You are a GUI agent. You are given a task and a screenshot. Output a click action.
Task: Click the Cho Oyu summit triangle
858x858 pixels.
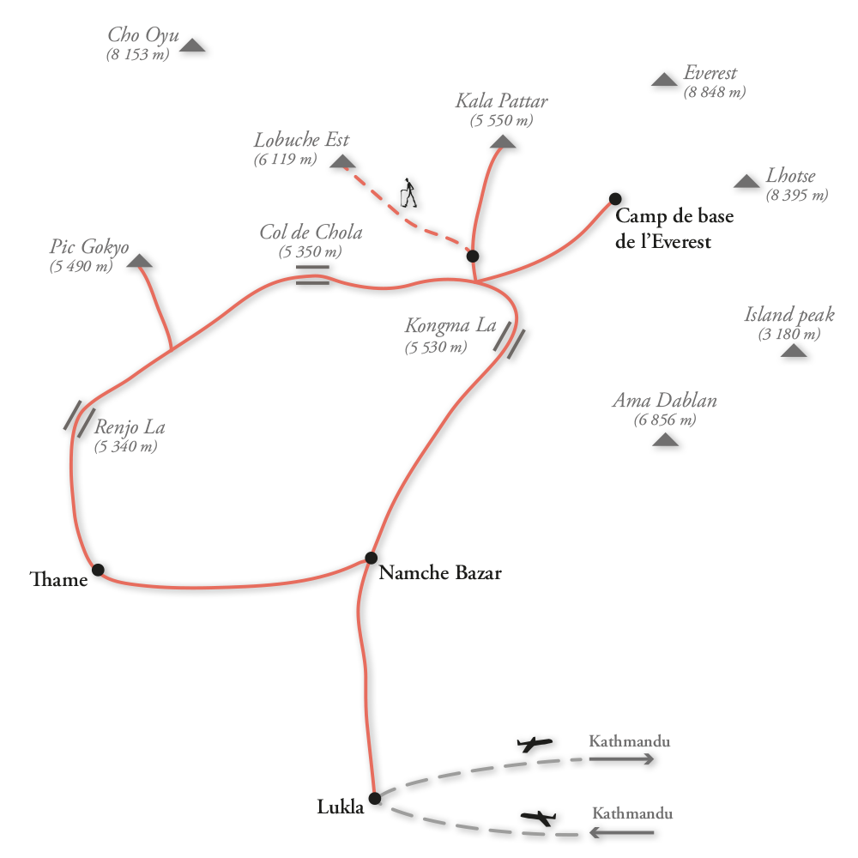tap(192, 46)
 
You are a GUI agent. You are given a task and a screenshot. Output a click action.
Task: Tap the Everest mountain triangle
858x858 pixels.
tap(664, 80)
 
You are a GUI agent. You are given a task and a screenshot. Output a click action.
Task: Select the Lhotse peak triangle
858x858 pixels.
tap(746, 181)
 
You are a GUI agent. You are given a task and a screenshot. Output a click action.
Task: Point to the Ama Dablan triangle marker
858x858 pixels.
tap(665, 440)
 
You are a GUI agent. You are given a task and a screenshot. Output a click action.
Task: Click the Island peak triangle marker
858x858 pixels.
tap(794, 351)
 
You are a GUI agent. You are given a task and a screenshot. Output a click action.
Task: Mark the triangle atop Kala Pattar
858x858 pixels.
tap(503, 142)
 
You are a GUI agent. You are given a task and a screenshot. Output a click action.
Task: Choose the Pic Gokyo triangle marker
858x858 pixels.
tap(139, 262)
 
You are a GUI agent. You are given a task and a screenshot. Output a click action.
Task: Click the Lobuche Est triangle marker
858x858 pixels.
tap(342, 162)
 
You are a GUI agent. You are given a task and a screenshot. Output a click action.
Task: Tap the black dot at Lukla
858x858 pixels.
tap(374, 798)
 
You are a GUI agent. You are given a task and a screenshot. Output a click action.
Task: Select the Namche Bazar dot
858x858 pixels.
tap(371, 559)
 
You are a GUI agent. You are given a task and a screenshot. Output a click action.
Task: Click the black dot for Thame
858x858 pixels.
tap(98, 570)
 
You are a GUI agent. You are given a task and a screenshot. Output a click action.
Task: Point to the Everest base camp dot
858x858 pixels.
tap(615, 199)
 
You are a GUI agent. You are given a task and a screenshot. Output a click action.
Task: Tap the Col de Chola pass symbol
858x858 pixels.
tap(312, 274)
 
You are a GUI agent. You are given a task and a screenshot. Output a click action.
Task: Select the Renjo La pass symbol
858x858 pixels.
tap(79, 418)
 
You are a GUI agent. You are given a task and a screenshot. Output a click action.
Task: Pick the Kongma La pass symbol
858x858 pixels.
tap(509, 340)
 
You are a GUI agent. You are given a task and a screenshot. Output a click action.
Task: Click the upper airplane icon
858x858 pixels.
tap(535, 744)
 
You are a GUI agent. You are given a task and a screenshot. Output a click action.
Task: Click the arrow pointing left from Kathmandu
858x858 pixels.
tap(622, 832)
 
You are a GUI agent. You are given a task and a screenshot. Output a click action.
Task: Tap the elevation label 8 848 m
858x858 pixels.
tap(714, 93)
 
